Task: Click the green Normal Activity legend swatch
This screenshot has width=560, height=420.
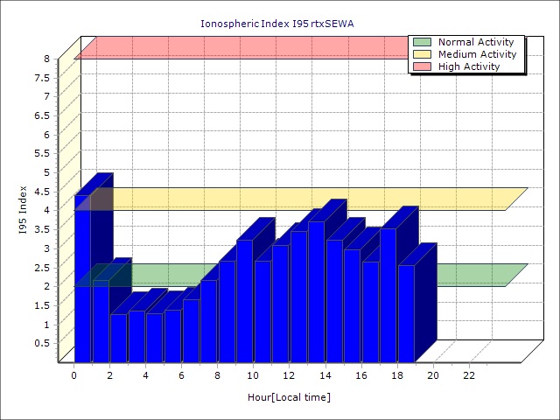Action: (x=423, y=42)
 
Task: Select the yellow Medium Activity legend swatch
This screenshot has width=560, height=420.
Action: (x=423, y=54)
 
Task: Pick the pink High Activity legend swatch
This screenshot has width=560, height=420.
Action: (x=423, y=66)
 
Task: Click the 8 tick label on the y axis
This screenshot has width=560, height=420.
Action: (x=47, y=59)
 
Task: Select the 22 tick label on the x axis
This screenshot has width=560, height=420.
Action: (x=469, y=375)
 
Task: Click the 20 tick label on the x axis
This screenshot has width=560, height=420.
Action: (x=433, y=375)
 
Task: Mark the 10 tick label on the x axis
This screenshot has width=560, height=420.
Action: (x=254, y=375)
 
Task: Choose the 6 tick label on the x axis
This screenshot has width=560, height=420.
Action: (x=181, y=375)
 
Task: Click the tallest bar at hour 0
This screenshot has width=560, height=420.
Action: (x=82, y=280)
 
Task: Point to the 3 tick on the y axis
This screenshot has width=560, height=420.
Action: (x=47, y=248)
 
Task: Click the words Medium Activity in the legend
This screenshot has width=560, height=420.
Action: (x=477, y=54)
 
